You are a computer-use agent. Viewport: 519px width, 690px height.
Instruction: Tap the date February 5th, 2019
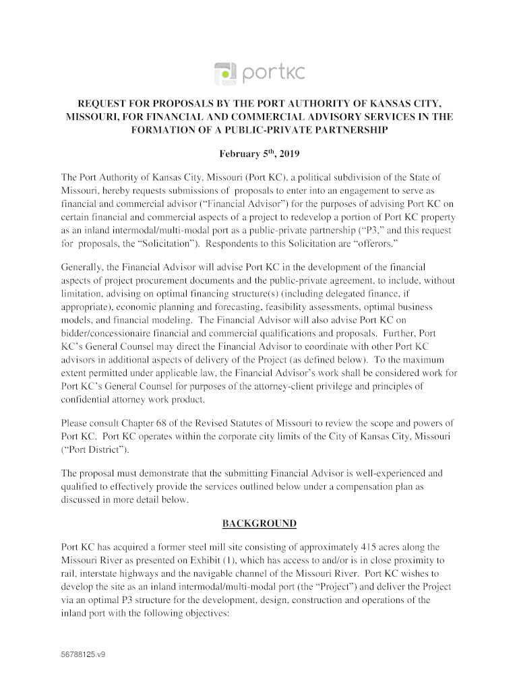pos(259,154)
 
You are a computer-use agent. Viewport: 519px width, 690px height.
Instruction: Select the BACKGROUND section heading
pos(259,524)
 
